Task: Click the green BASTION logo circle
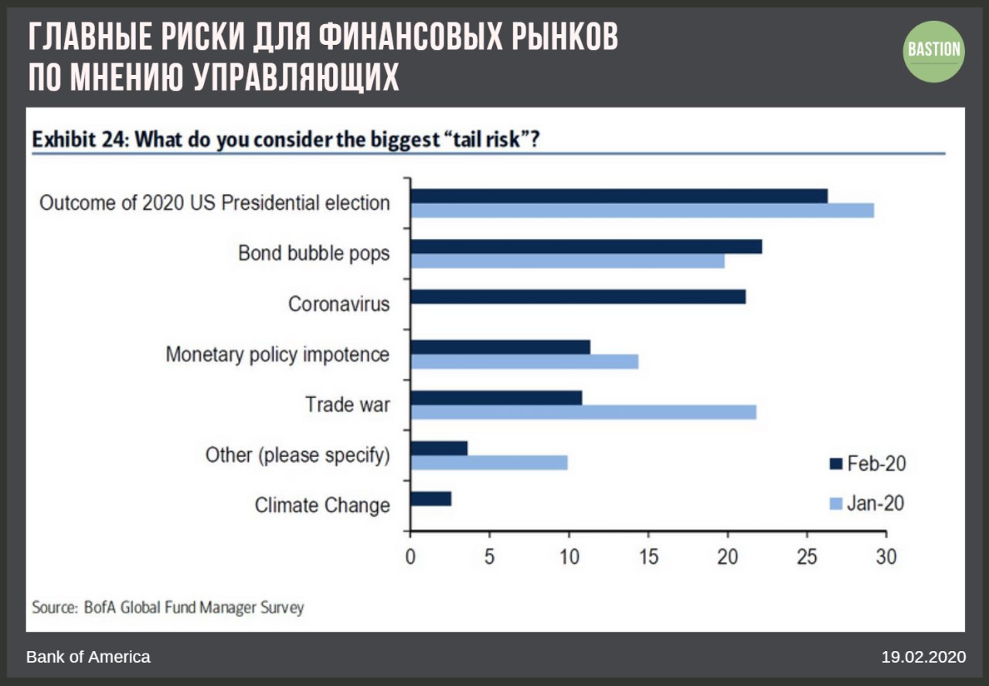click(935, 51)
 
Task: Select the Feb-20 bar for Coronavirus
click(578, 296)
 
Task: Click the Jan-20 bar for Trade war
click(583, 412)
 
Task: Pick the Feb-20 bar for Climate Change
click(430, 499)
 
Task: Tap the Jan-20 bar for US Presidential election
click(642, 210)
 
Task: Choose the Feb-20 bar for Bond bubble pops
click(586, 246)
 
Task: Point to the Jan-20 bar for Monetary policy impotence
click(525, 361)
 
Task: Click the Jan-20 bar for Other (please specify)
click(489, 462)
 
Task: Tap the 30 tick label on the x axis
click(885, 557)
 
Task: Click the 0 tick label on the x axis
click(410, 557)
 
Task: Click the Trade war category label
click(347, 404)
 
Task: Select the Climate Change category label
click(322, 506)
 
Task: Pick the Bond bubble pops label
click(314, 253)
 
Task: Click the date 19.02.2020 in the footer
click(923, 657)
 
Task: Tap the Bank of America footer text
click(88, 657)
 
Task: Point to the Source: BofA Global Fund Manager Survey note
click(168, 607)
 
